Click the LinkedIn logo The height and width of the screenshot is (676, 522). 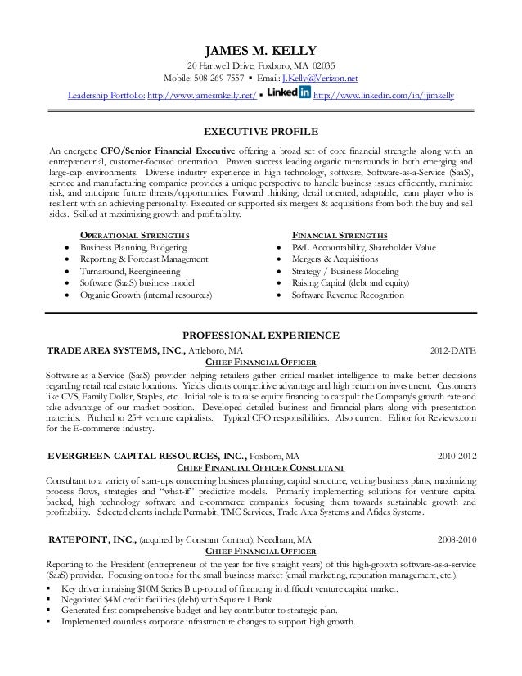pos(288,94)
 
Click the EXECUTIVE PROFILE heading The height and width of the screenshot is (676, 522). pos(261,131)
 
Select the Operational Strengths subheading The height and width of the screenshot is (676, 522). pos(133,235)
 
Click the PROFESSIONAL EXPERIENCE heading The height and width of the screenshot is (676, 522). pos(261,336)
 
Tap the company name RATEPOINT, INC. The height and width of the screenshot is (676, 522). pos(92,539)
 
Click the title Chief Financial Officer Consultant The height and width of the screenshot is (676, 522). pos(261,467)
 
